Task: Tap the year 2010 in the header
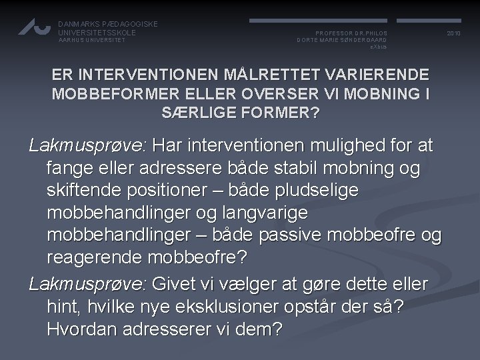454,32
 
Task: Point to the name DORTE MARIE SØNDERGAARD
342,40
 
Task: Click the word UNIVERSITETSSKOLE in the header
97,32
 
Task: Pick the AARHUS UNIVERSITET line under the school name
92,40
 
